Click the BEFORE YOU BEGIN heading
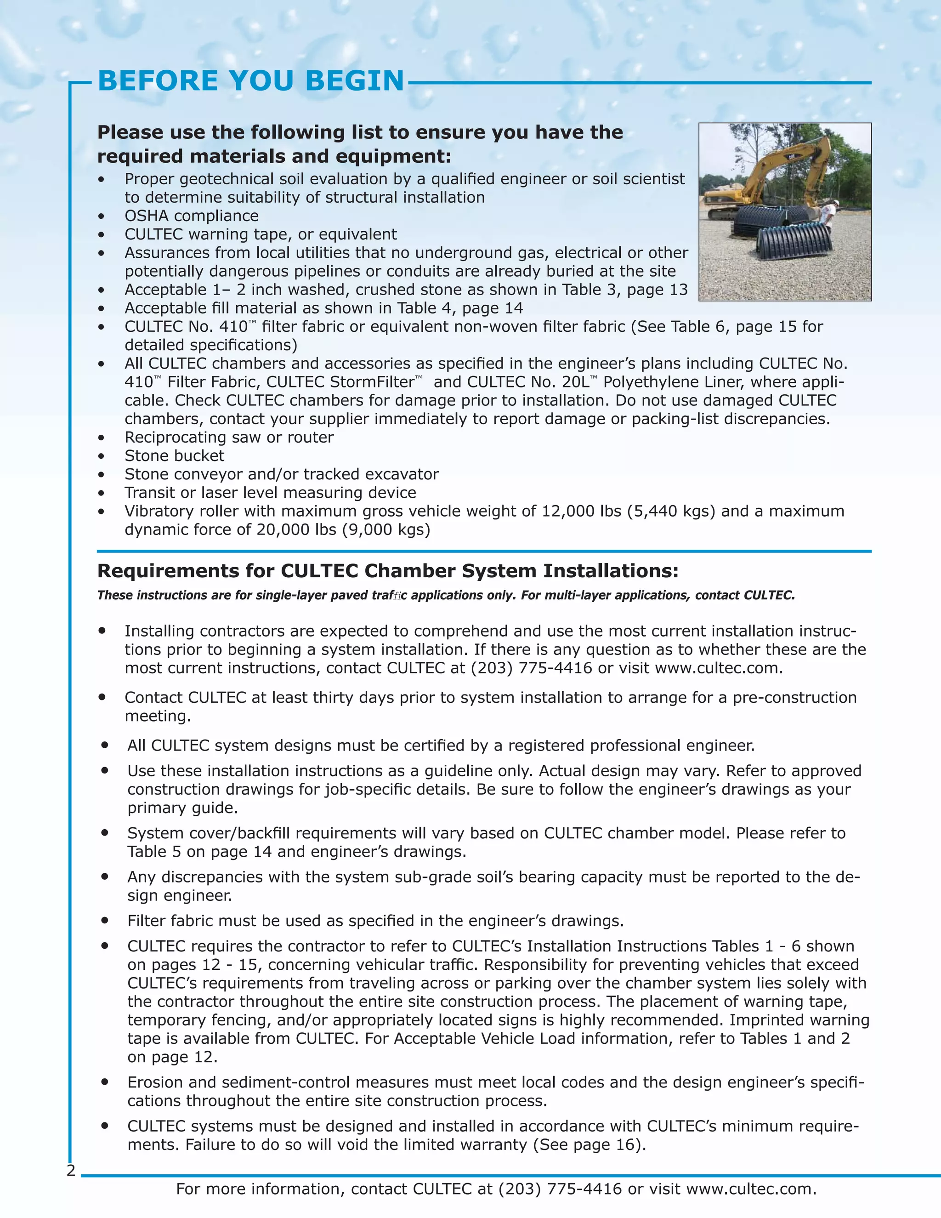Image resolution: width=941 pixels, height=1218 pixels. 250,81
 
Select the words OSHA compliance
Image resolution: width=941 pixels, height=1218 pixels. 191,216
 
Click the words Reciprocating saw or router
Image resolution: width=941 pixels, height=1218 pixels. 228,438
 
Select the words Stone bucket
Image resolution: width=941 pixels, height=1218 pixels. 174,456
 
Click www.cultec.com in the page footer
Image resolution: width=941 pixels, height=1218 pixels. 750,1189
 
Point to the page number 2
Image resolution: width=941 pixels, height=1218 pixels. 71,1171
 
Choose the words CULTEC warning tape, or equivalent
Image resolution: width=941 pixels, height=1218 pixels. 261,234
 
